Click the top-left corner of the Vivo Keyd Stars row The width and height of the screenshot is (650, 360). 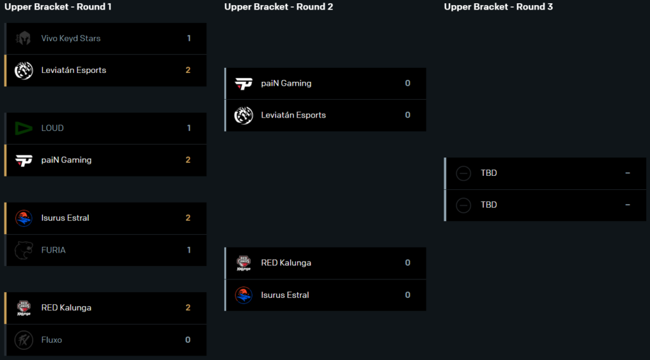[4, 23]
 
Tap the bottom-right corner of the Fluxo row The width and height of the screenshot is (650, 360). [206, 356]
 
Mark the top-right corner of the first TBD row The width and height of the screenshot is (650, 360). [646, 157]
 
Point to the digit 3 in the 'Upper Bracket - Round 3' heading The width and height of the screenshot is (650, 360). [550, 6]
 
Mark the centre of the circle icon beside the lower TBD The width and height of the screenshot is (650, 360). [463, 205]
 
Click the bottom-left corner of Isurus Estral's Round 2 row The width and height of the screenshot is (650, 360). [224, 310]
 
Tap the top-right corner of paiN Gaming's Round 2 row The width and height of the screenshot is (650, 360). [426, 68]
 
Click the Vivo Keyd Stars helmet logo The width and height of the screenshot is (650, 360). [23, 39]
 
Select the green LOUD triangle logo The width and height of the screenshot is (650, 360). [23, 128]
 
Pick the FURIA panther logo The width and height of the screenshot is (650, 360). [23, 250]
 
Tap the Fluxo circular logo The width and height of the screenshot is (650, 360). [23, 340]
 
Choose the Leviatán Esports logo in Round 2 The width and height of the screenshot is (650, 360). [244, 116]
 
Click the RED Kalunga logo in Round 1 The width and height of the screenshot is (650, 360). [23, 308]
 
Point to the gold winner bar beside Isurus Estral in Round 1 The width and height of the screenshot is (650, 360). [5, 218]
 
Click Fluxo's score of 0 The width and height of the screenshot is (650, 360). [188, 340]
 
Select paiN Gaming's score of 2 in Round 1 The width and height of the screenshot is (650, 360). [188, 160]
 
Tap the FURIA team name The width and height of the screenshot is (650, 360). [53, 250]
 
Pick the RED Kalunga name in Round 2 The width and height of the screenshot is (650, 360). [286, 263]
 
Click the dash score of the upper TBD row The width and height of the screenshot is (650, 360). [628, 173]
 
